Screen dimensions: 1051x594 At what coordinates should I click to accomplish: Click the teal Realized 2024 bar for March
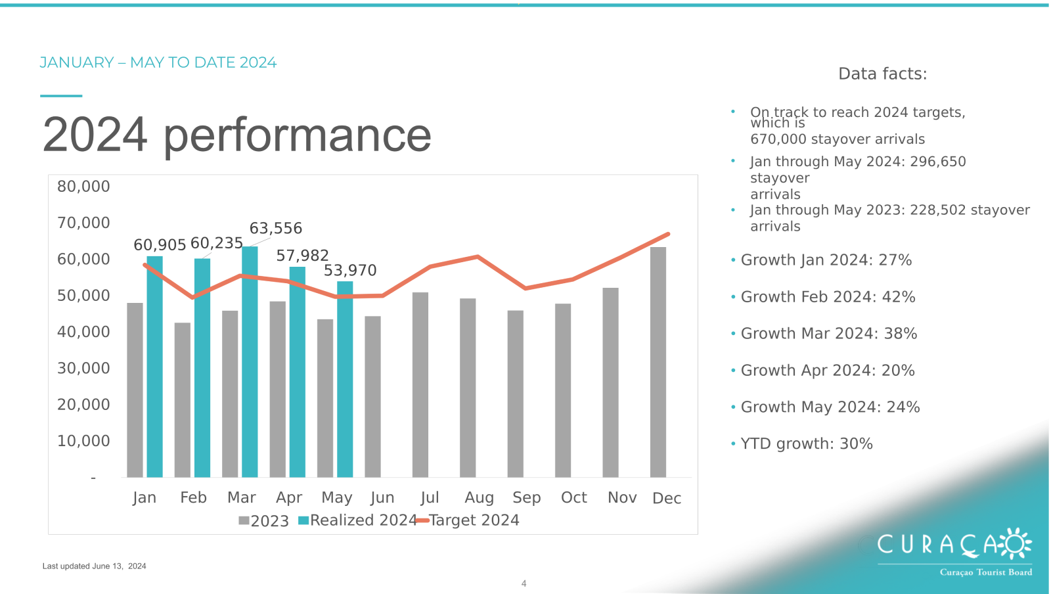(x=250, y=362)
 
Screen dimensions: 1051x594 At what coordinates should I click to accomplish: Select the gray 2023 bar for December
(x=658, y=362)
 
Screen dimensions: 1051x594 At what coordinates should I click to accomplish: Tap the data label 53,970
(x=350, y=270)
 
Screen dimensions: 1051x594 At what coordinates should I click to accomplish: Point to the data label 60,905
(x=160, y=244)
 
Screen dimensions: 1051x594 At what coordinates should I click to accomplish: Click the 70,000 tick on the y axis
(x=83, y=222)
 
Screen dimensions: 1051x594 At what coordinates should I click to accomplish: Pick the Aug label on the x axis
(x=479, y=497)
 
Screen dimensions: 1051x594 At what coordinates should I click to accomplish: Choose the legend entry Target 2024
(x=468, y=520)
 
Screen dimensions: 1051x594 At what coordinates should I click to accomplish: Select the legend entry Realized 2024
(x=357, y=520)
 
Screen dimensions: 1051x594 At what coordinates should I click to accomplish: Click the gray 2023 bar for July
(x=420, y=385)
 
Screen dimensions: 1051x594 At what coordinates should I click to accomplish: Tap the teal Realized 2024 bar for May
(x=345, y=379)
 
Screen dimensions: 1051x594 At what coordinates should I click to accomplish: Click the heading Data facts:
(x=883, y=74)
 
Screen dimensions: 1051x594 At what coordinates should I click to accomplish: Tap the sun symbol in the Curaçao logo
(x=1015, y=544)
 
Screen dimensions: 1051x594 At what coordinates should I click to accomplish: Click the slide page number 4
(x=524, y=583)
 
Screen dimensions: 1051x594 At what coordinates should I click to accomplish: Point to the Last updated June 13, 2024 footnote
(x=95, y=566)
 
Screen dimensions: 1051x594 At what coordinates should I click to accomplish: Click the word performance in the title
(x=297, y=136)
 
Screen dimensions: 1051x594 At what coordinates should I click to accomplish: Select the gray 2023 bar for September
(x=515, y=394)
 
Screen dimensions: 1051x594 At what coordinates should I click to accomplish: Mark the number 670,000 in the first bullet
(x=778, y=139)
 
